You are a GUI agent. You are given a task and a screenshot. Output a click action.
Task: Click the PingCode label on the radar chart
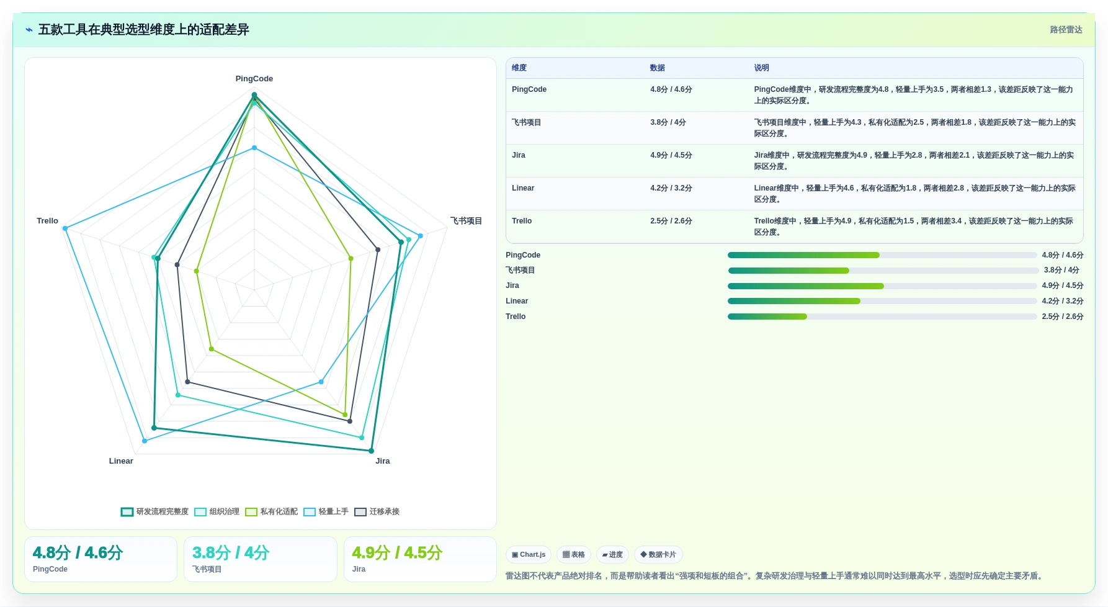click(254, 79)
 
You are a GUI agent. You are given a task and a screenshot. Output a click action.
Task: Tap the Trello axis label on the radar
click(47, 221)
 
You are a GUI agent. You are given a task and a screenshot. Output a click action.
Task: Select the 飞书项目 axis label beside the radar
click(466, 221)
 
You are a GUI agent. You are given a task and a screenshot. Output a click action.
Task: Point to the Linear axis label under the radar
click(121, 461)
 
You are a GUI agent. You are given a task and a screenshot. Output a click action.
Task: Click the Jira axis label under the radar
click(383, 461)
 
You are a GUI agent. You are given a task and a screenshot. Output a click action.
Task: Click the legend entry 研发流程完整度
click(155, 511)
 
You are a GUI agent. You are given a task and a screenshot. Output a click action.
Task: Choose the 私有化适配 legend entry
click(272, 511)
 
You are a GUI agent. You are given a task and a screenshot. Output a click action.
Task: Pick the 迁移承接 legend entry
click(377, 511)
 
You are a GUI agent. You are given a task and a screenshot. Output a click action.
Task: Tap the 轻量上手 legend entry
click(326, 511)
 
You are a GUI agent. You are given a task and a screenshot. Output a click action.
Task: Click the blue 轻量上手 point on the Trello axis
click(65, 228)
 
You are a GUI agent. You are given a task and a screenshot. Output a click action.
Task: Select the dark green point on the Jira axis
click(372, 451)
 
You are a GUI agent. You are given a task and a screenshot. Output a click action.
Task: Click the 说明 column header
click(761, 68)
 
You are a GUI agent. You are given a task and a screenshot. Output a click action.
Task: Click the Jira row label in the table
click(519, 155)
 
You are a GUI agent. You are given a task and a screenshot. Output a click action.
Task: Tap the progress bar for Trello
click(882, 317)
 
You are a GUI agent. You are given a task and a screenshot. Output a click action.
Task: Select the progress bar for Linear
click(882, 301)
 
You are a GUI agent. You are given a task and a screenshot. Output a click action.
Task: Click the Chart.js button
click(529, 554)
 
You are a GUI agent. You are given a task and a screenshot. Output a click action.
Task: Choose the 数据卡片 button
click(658, 554)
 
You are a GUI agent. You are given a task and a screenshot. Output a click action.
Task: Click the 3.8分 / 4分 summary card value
click(231, 552)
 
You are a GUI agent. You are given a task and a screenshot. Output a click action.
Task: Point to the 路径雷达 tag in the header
click(1066, 30)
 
